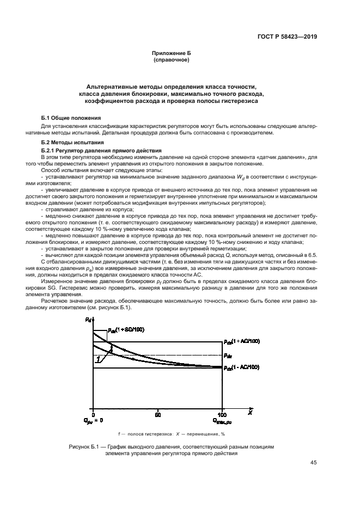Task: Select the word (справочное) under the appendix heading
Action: [172, 60]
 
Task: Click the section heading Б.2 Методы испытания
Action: [69, 143]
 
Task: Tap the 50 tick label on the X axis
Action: [158, 414]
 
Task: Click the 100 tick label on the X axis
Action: [222, 414]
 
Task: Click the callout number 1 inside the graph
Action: [97, 359]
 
